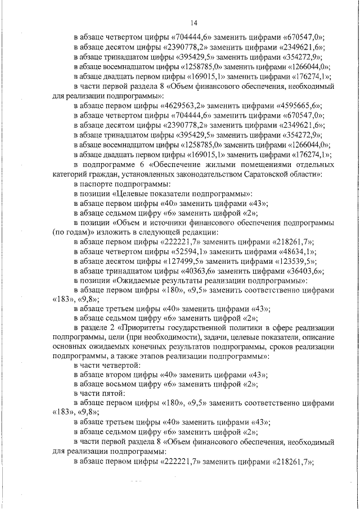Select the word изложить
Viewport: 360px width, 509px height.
tap(98, 232)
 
